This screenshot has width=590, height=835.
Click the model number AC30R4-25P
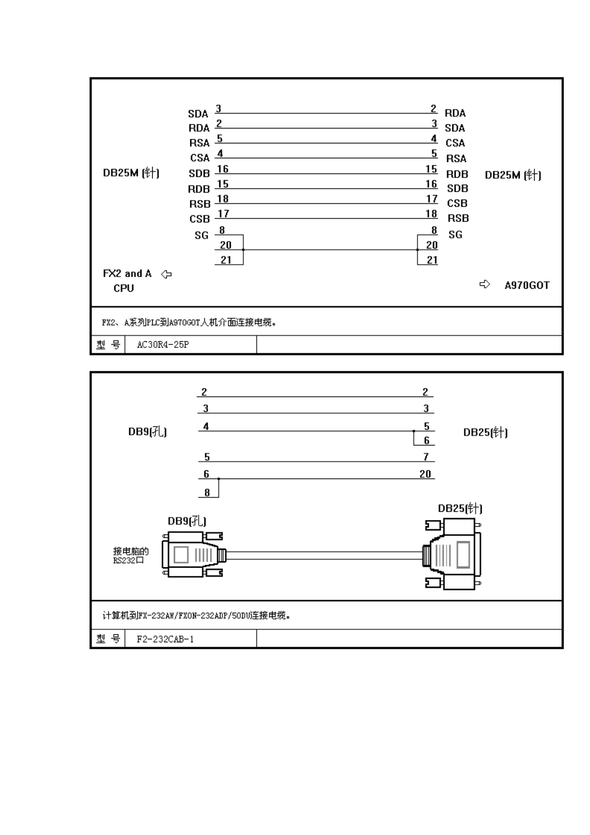pyautogui.click(x=163, y=345)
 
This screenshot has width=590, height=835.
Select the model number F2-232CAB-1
pyautogui.click(x=165, y=639)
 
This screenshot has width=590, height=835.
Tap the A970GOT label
pyautogui.click(x=527, y=285)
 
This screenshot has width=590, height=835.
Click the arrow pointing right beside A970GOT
pyautogui.click(x=484, y=285)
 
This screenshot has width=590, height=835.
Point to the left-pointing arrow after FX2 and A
pyautogui.click(x=166, y=274)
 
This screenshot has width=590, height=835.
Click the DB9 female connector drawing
pyautogui.click(x=193, y=554)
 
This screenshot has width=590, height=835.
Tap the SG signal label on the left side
pyautogui.click(x=201, y=235)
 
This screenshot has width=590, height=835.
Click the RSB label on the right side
pyautogui.click(x=458, y=218)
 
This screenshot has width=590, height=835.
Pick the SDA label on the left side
pyautogui.click(x=198, y=114)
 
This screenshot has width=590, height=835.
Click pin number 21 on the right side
pyautogui.click(x=432, y=260)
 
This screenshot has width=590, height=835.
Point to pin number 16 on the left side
pyautogui.click(x=222, y=169)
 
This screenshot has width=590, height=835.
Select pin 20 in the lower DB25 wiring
pyautogui.click(x=425, y=474)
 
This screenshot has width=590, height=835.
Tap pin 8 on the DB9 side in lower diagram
pyautogui.click(x=207, y=493)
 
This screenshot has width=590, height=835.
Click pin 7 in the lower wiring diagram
pyautogui.click(x=426, y=457)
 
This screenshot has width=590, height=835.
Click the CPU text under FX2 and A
pyautogui.click(x=124, y=288)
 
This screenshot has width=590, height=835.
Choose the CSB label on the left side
pyautogui.click(x=199, y=219)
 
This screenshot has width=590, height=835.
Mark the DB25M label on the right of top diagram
pyautogui.click(x=512, y=175)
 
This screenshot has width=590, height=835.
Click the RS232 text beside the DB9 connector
pyautogui.click(x=128, y=560)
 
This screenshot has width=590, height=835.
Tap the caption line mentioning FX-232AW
pyautogui.click(x=196, y=616)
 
